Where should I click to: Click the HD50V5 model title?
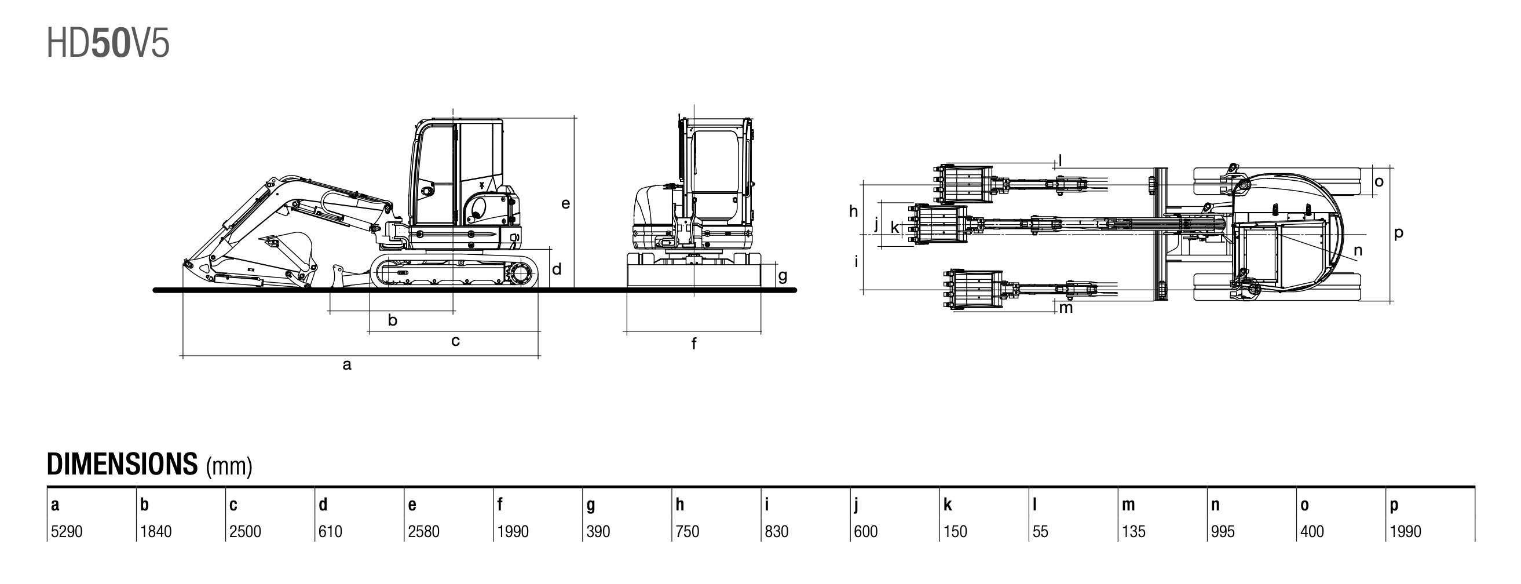pos(108,43)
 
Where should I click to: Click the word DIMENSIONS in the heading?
pos(122,464)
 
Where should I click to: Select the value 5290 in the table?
pos(67,531)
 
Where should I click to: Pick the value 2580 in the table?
pos(423,531)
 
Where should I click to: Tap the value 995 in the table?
pos(1222,531)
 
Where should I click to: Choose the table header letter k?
pos(947,505)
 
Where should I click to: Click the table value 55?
pos(1040,531)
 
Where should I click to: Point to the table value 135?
pos(1133,531)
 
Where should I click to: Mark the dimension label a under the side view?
pos(347,365)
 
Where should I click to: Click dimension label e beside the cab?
pos(566,204)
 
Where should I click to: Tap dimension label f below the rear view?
pos(694,344)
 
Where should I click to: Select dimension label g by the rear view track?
pos(783,276)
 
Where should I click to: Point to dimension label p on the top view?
pos(1398,233)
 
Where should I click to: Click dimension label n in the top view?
pos(1358,250)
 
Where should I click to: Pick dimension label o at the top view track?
pos(1379,181)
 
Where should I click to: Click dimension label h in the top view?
pos(853,211)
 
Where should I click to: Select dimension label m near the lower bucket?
pos(1066,308)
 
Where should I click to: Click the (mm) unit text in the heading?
pos(229,466)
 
